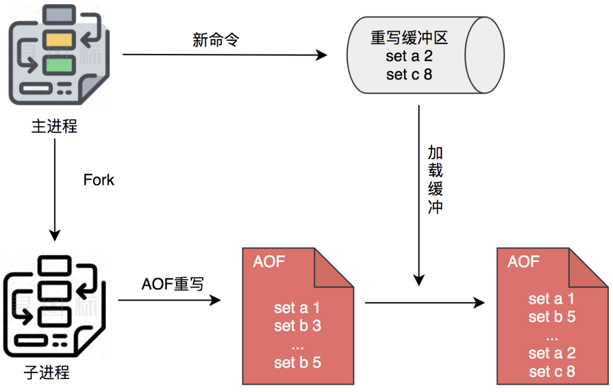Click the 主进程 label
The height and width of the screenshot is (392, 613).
54,125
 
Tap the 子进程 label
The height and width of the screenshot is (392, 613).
47,373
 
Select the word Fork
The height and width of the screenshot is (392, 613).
99,180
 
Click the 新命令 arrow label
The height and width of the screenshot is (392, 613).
216,40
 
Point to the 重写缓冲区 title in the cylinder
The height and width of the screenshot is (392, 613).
410,39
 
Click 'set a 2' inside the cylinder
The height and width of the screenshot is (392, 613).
410,57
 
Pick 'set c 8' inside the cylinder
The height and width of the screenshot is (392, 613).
410,75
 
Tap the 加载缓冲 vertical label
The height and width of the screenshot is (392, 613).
435,179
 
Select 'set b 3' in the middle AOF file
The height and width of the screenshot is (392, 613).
297,326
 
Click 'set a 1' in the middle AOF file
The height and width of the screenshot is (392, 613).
297,308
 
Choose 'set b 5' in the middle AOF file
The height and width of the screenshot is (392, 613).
297,363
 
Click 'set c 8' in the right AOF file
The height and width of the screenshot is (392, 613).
552,372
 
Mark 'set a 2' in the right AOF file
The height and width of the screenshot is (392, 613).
552,353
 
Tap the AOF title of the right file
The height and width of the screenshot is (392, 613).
523,262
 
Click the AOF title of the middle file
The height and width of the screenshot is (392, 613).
269,262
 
